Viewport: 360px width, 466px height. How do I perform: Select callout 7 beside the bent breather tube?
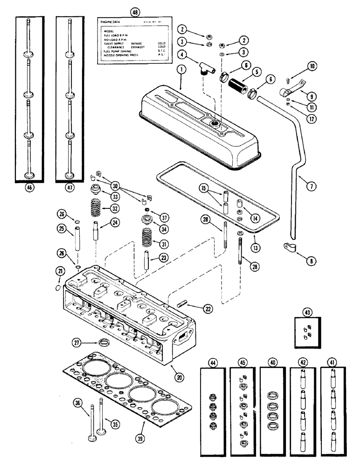(x=311, y=186)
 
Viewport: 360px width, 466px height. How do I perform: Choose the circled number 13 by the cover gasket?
(x=255, y=245)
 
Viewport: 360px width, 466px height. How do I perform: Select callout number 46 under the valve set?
(x=32, y=190)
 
